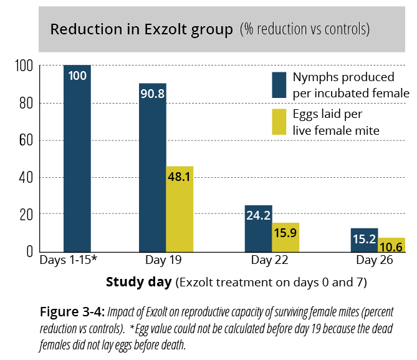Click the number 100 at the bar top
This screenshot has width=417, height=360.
77,75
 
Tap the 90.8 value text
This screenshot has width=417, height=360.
153,94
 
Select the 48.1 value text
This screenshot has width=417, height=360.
180,177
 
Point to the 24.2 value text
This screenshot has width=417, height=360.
258,216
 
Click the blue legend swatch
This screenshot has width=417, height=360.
279,85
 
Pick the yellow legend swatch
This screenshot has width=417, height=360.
279,122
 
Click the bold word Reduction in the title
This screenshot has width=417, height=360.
81,29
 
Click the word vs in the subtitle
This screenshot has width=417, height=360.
318,30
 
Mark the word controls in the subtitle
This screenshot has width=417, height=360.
347,29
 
